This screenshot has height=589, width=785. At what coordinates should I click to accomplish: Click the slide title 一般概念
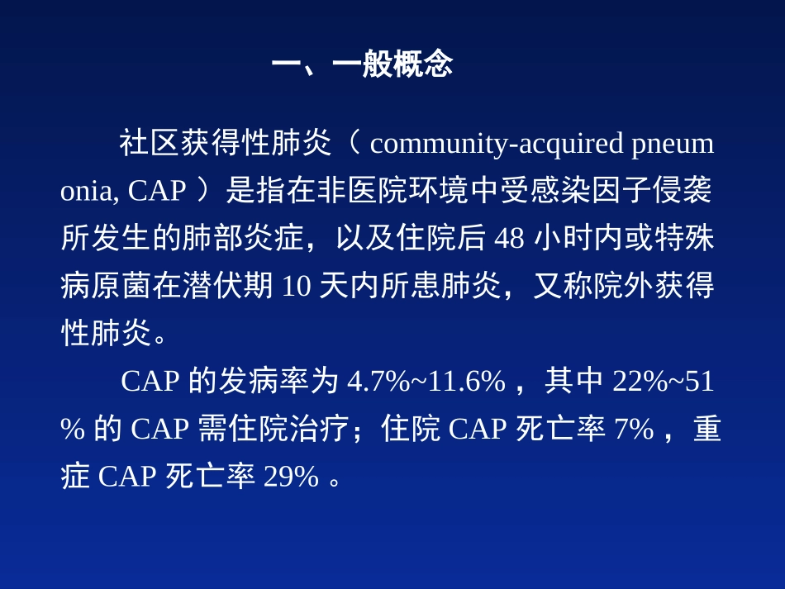pos(392,64)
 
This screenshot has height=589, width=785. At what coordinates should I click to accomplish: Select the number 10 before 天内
pos(297,286)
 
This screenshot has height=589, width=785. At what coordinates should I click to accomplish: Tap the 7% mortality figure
pos(634,429)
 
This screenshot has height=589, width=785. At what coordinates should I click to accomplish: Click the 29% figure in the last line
pos(291,477)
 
